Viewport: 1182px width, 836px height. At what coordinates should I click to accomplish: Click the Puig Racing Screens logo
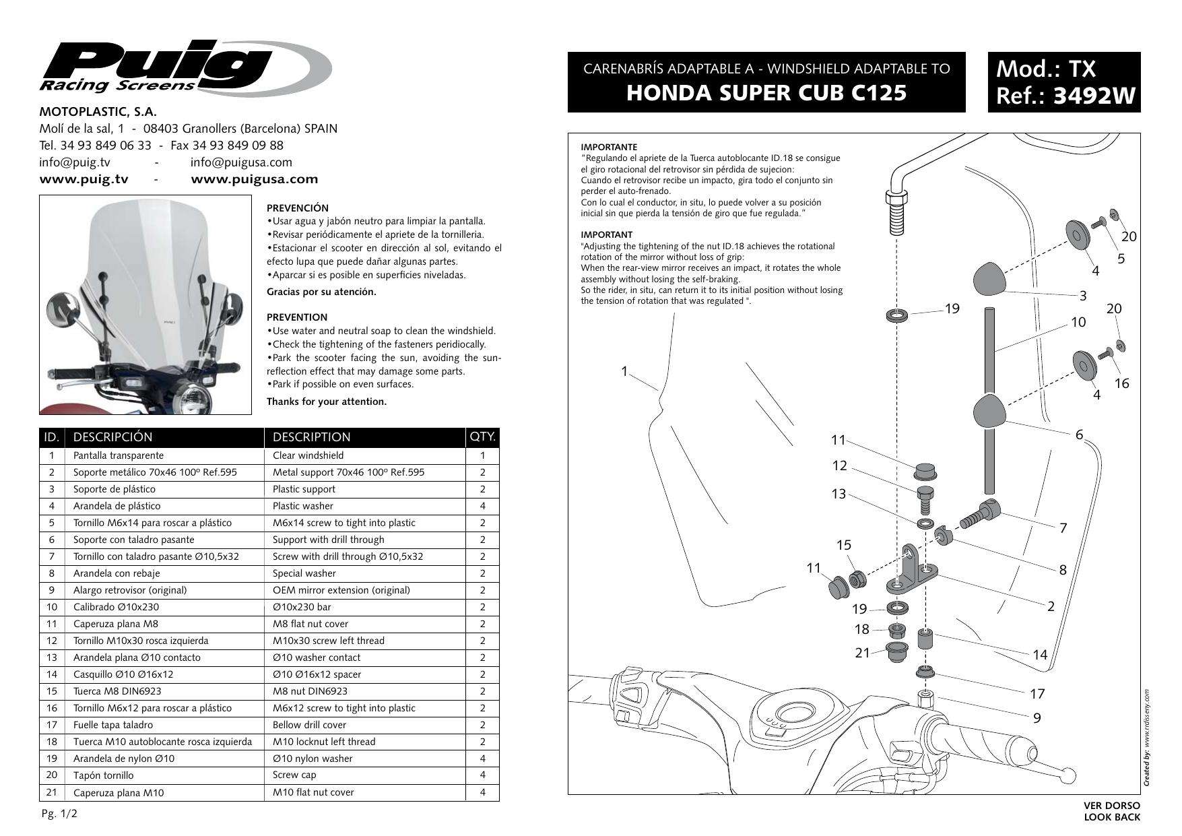click(182, 67)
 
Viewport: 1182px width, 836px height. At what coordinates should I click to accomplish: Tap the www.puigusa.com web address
click(254, 179)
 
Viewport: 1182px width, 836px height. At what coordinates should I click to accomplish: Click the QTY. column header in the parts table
click(482, 437)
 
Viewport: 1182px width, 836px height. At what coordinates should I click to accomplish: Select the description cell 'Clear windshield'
click(307, 455)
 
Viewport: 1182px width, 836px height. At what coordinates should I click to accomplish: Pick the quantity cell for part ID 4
click(482, 506)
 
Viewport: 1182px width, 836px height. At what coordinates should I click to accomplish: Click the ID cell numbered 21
click(51, 792)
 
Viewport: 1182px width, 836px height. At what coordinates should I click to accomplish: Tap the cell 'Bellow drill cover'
click(309, 725)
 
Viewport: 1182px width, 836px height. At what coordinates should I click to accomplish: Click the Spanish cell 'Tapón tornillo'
click(103, 775)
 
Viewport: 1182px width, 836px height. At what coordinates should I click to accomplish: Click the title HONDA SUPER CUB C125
click(766, 93)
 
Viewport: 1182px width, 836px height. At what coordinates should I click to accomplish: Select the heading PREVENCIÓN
click(298, 208)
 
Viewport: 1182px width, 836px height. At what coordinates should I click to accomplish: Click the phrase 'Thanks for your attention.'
click(327, 401)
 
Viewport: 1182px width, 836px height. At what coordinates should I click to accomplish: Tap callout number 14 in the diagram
click(1040, 653)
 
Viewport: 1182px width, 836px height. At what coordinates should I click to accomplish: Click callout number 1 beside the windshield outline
click(624, 371)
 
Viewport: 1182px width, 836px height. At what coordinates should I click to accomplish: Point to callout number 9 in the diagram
click(1037, 718)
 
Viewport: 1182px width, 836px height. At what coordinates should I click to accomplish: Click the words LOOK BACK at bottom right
click(1112, 817)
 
